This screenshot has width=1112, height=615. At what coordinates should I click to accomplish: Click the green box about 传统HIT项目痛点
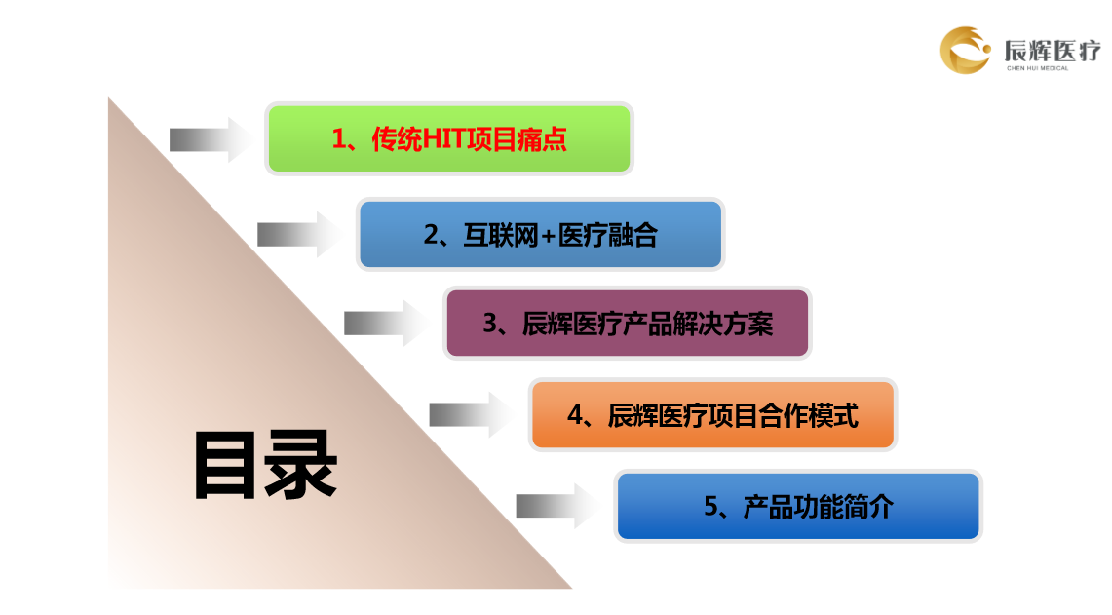[x=449, y=138]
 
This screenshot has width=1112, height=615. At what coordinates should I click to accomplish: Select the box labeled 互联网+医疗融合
[x=540, y=234]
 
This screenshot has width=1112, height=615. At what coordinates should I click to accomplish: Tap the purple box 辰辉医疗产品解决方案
[x=627, y=323]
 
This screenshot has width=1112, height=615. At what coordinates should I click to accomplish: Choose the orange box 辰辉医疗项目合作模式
[x=712, y=414]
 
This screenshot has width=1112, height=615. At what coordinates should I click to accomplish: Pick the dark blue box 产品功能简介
[x=798, y=506]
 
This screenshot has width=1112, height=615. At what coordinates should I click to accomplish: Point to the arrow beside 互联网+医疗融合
[x=300, y=234]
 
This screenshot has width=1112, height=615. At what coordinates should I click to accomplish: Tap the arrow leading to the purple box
[x=387, y=323]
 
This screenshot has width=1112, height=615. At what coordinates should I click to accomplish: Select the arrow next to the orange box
[x=472, y=414]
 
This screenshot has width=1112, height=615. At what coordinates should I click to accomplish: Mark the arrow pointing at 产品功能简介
[x=558, y=506]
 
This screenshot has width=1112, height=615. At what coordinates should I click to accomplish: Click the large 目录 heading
[x=265, y=465]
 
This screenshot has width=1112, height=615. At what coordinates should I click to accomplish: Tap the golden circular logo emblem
[x=965, y=51]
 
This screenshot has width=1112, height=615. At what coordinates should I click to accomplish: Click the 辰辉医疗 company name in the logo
[x=1053, y=51]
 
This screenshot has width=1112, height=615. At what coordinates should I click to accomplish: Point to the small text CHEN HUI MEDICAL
[x=1038, y=68]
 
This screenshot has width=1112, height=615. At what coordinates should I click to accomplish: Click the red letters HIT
[x=444, y=139]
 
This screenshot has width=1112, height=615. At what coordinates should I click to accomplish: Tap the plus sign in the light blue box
[x=548, y=236]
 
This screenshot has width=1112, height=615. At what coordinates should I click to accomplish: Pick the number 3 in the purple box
[x=490, y=324]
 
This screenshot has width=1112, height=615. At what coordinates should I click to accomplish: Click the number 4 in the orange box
[x=575, y=415]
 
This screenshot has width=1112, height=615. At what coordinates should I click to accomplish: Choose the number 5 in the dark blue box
[x=711, y=507]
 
